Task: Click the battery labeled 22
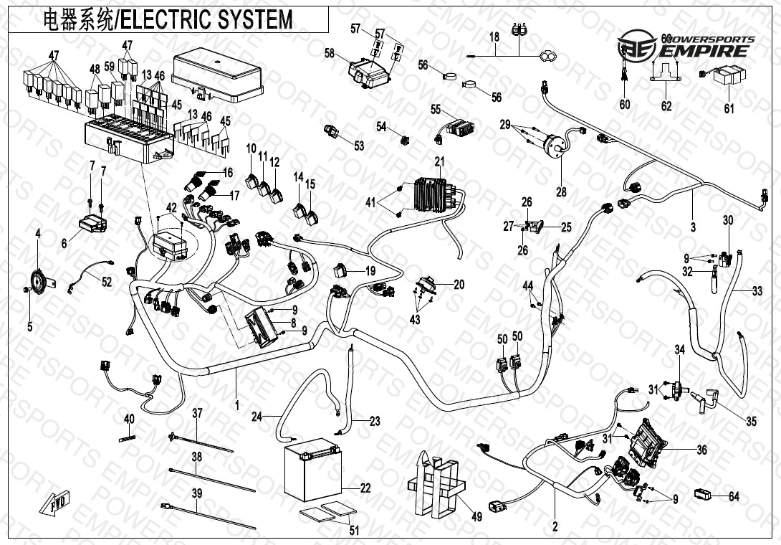[x=312, y=474]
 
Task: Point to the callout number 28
[x=561, y=191]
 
